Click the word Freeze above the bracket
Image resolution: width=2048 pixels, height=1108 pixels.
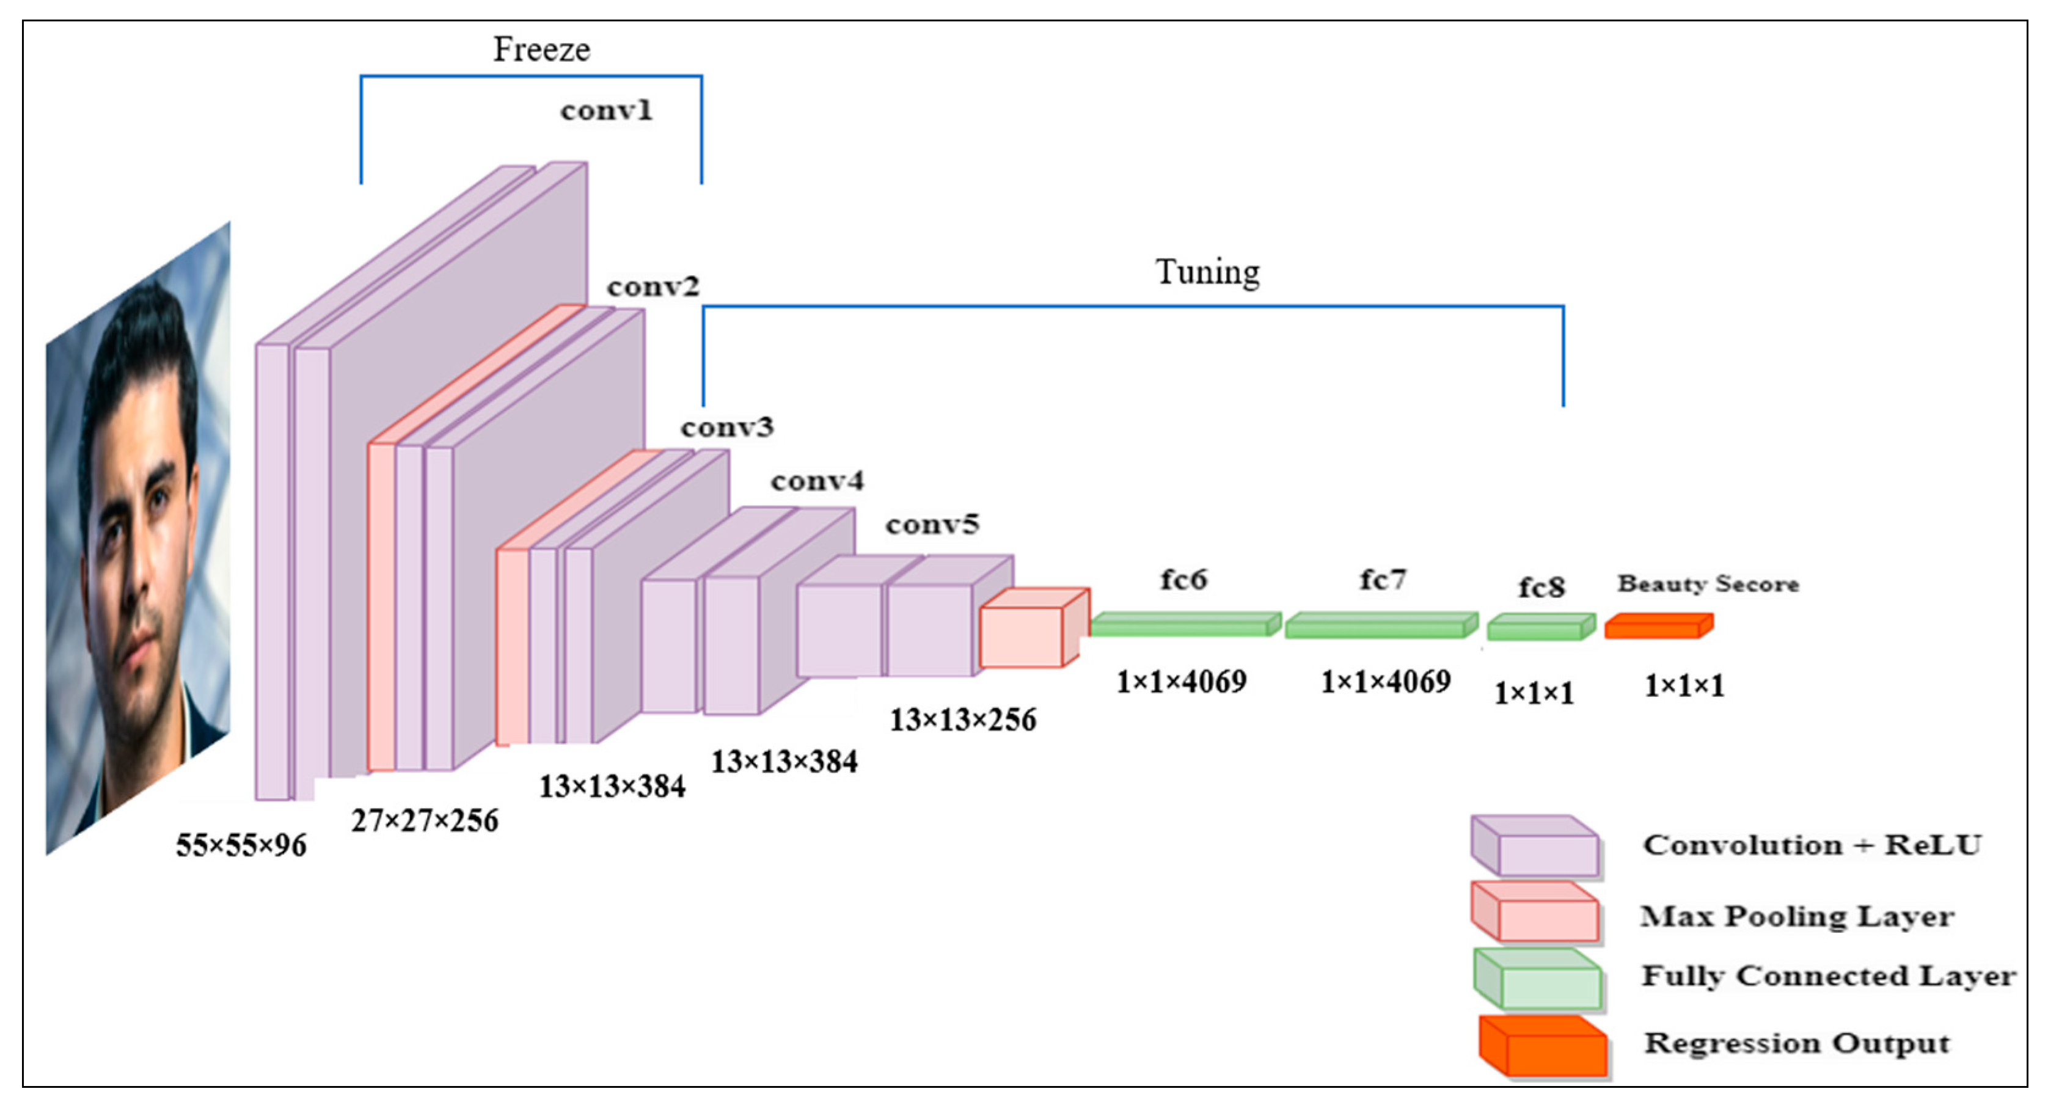(541, 49)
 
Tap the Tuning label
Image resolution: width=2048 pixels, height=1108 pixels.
(1207, 272)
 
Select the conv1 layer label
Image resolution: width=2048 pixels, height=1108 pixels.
(606, 110)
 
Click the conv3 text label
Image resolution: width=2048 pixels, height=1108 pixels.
(726, 427)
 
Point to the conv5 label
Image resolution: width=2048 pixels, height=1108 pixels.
(932, 524)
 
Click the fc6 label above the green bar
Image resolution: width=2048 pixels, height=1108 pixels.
(1183, 580)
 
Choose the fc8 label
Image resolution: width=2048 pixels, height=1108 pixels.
(1541, 588)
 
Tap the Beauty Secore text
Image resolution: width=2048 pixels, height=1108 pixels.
(1708, 583)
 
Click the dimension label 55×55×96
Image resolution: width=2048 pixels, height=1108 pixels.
(241, 845)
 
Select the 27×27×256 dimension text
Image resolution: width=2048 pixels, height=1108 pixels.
(425, 820)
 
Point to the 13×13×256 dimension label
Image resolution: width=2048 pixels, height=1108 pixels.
(962, 720)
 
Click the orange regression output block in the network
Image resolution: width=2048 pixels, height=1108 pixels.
(1658, 626)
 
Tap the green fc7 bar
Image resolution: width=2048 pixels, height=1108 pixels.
(1381, 625)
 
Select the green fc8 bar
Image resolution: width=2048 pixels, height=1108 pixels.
(1541, 627)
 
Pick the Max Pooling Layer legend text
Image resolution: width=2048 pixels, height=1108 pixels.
(1797, 916)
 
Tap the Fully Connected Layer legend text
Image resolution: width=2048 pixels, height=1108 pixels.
(1829, 975)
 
